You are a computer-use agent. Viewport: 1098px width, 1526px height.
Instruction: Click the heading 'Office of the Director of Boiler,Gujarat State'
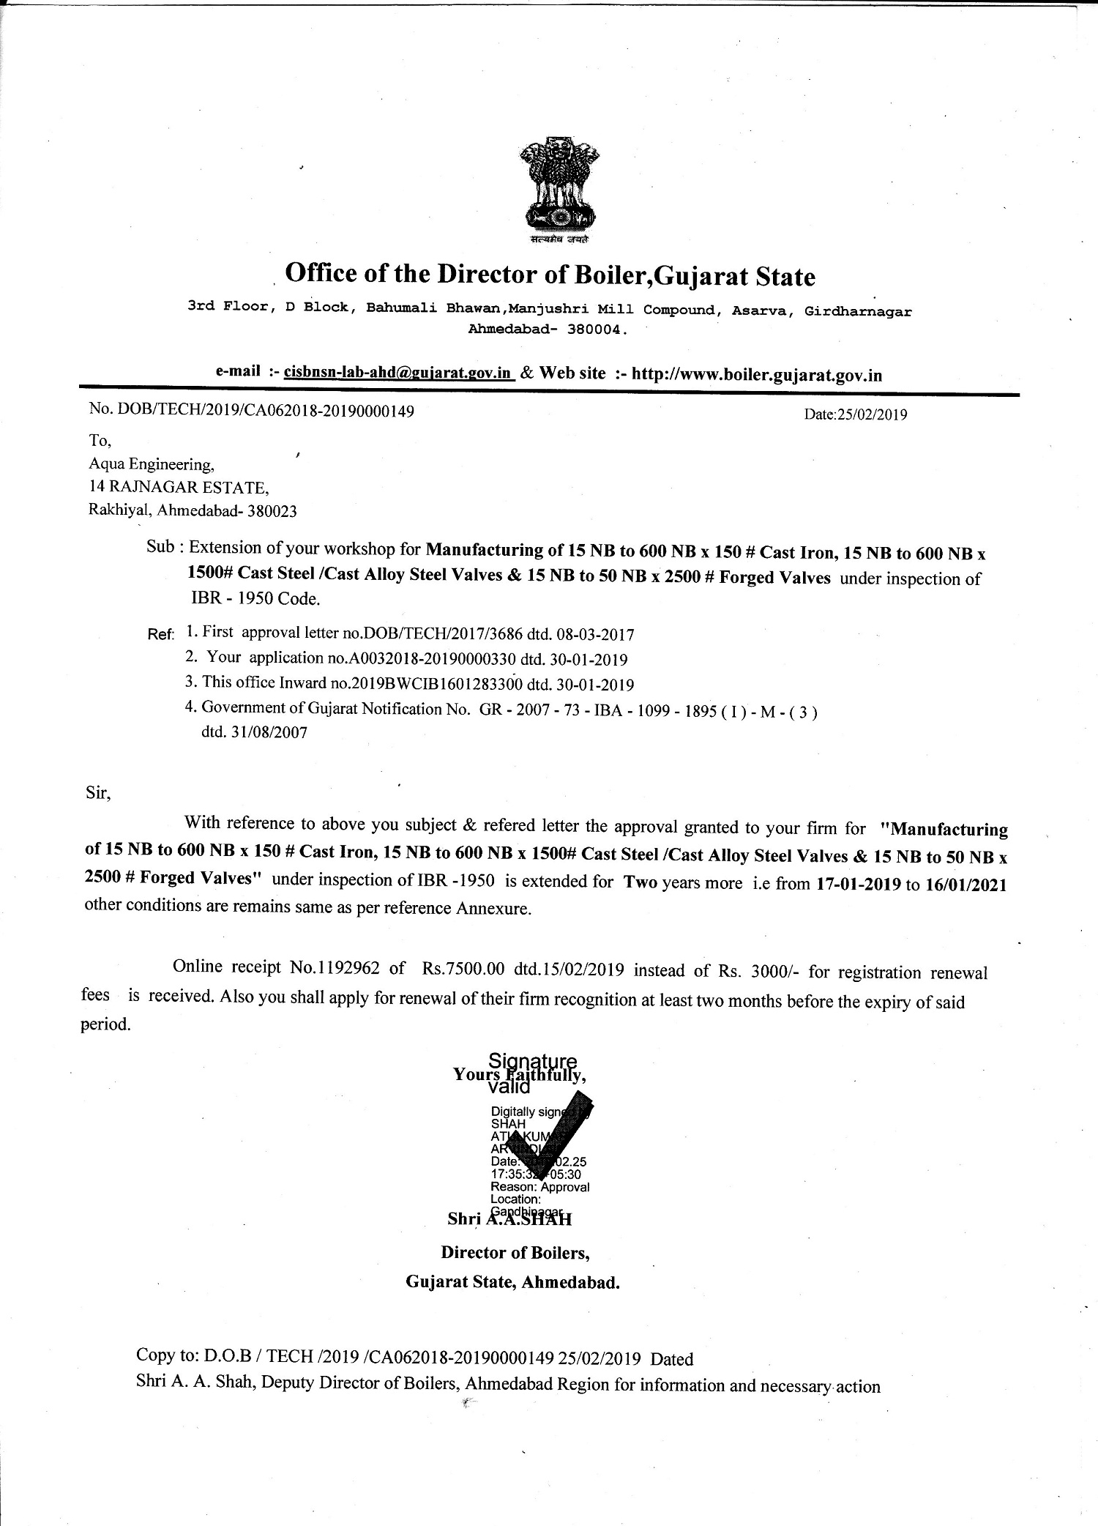click(549, 275)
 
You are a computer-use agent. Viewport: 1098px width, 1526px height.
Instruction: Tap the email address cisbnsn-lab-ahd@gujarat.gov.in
click(397, 372)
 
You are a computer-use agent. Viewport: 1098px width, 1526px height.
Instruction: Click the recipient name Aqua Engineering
click(152, 464)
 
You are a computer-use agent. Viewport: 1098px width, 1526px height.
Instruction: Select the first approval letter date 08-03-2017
click(595, 634)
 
